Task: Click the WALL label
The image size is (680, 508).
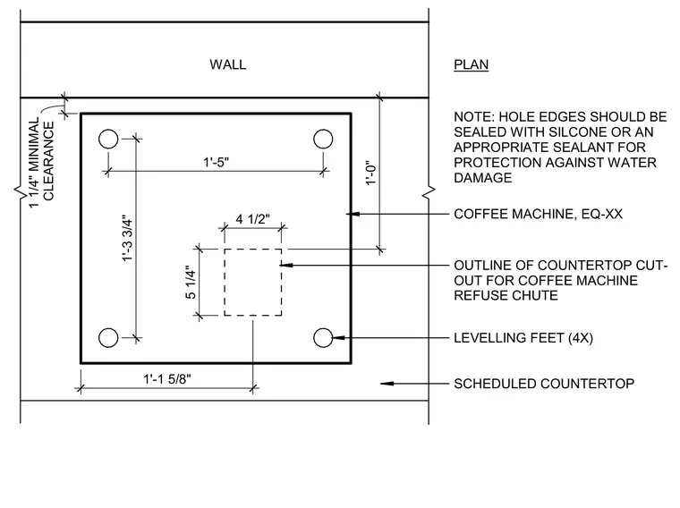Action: (227, 64)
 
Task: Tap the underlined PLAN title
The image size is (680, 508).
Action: (471, 64)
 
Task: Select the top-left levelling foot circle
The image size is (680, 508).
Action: (108, 140)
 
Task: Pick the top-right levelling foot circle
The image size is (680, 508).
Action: (323, 140)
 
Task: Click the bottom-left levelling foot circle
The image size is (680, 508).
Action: (108, 338)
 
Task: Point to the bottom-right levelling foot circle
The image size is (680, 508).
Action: (323, 338)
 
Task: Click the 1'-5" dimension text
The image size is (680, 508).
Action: (217, 162)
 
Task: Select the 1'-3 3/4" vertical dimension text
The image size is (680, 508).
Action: (127, 238)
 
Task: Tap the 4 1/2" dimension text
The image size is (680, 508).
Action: (253, 219)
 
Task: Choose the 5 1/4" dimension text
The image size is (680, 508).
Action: (191, 283)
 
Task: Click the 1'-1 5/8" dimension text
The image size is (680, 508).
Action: (167, 379)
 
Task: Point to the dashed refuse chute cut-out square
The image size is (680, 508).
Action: (225, 283)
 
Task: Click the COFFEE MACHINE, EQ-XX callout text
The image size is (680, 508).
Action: (539, 214)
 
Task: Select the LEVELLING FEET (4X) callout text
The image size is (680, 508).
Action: (523, 338)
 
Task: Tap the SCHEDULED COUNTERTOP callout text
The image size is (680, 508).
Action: (544, 384)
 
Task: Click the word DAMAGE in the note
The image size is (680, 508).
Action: (482, 178)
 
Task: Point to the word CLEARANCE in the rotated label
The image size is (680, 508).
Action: (48, 161)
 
